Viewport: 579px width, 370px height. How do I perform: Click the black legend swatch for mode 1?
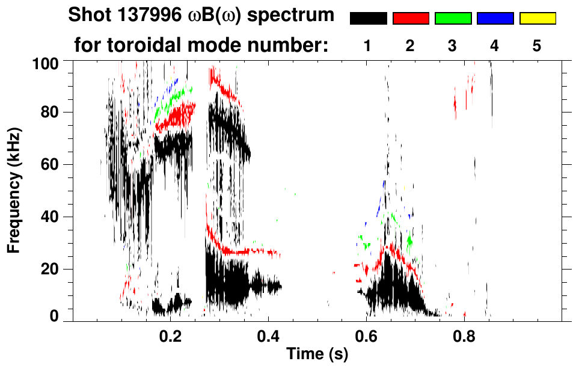click(368, 19)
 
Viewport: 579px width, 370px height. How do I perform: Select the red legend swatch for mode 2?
click(411, 19)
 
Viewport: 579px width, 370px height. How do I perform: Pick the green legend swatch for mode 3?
click(453, 19)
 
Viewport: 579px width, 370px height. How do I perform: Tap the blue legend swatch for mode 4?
click(495, 19)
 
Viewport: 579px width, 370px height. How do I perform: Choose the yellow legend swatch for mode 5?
click(537, 19)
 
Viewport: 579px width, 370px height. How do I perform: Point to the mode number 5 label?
click(537, 46)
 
